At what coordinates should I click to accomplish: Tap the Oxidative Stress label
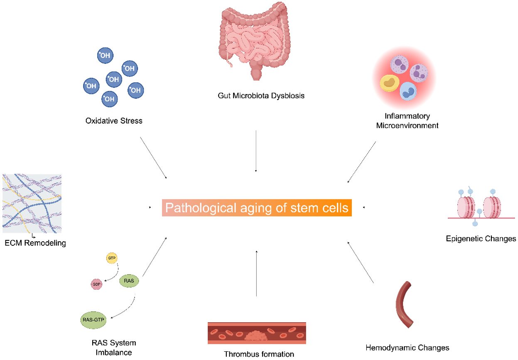point(114,121)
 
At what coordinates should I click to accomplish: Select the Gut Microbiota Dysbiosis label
point(261,96)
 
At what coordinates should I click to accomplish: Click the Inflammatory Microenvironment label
point(407,120)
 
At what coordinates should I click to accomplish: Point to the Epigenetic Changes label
point(481,238)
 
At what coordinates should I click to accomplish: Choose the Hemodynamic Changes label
point(407,347)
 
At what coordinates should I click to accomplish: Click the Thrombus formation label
point(259,354)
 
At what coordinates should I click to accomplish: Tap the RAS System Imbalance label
point(114,348)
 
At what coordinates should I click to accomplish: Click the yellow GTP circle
point(111,258)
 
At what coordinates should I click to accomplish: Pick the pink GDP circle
point(96,284)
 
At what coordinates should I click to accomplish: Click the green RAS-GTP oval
point(93,320)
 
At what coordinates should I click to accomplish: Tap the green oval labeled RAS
point(129,281)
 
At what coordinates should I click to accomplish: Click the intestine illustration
point(254,39)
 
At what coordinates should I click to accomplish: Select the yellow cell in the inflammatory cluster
point(390,83)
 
